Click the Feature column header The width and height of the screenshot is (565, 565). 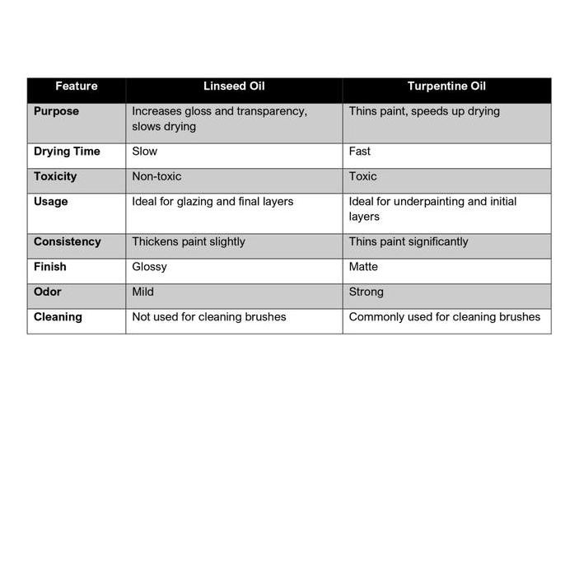pos(77,86)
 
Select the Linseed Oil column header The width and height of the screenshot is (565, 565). pos(234,86)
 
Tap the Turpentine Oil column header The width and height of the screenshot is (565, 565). pos(446,86)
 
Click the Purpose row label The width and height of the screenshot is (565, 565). pos(56,111)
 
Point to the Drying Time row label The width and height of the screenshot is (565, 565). pos(67,152)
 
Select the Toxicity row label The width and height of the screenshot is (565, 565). pos(55,176)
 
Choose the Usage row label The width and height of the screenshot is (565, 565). pos(51,202)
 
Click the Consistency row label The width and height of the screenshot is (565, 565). pos(67,242)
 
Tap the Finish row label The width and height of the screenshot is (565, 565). pos(49,267)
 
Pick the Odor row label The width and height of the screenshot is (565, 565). pos(48,292)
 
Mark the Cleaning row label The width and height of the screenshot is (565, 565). pos(58,316)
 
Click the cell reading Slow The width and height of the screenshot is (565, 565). pos(145,152)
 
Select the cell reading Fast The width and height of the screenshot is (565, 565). pos(360,152)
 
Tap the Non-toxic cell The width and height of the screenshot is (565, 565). pos(156,176)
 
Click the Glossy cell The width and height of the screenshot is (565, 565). pos(149,267)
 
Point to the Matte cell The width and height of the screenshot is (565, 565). pos(363,267)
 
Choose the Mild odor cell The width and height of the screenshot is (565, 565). pos(143,292)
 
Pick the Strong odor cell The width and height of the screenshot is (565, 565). pos(367,292)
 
